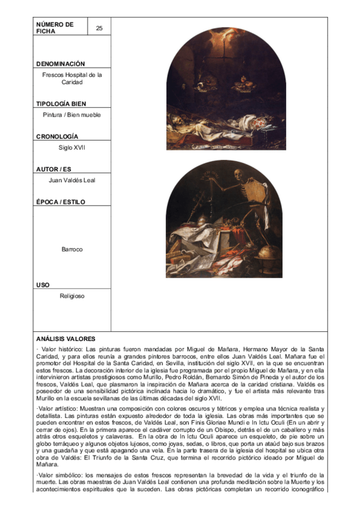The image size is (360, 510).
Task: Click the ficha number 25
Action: [x=99, y=28]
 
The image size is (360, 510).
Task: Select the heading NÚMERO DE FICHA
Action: [x=55, y=28]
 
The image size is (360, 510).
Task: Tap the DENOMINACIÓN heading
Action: [x=60, y=64]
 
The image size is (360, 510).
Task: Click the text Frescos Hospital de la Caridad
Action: [x=72, y=79]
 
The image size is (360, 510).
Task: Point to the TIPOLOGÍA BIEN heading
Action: [x=61, y=104]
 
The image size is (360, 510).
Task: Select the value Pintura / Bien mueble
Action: [x=72, y=115]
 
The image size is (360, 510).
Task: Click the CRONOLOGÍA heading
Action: [x=57, y=137]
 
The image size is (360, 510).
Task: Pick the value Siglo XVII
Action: [x=72, y=147]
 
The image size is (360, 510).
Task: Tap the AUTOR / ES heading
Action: [x=53, y=170]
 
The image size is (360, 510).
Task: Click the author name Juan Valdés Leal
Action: [x=72, y=180]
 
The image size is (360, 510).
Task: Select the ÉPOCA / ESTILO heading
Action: [x=60, y=202]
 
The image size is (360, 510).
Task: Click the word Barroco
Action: [x=72, y=248]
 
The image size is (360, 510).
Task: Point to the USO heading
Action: [x=43, y=284]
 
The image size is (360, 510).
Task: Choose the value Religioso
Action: [x=72, y=296]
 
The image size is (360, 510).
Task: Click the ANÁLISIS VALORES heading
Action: [x=65, y=339]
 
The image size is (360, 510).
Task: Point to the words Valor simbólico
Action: [x=63, y=475]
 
